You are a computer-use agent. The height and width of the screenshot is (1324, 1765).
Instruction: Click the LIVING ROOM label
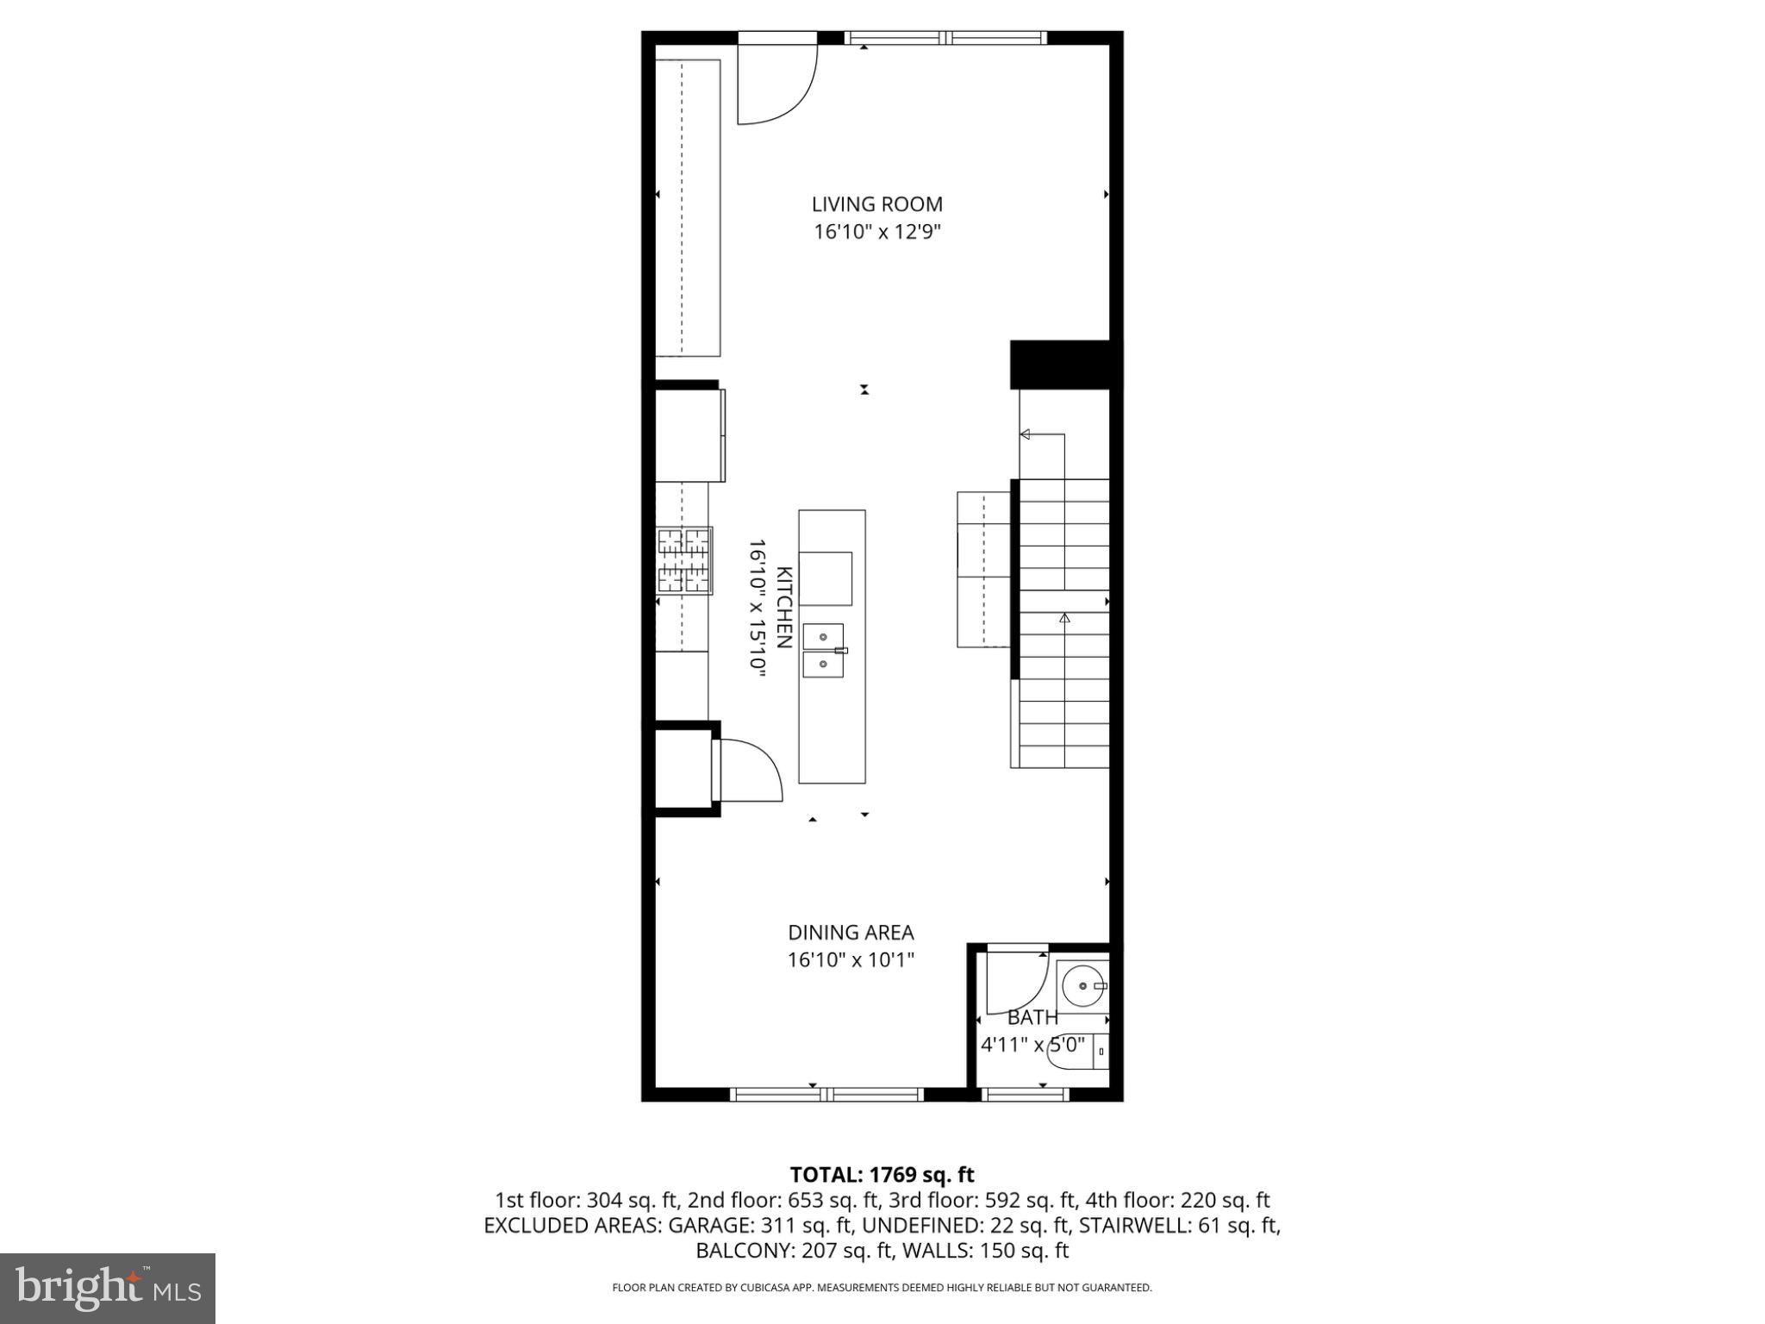(876, 204)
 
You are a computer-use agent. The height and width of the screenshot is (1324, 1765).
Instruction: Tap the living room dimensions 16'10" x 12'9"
(876, 232)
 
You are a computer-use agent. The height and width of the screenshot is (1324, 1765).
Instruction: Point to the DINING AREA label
(851, 932)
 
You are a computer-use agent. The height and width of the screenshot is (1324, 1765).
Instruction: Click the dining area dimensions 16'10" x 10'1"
(851, 959)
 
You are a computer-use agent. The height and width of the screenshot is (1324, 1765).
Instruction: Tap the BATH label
(1032, 1017)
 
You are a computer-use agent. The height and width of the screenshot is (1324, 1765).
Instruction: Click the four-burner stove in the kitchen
(684, 561)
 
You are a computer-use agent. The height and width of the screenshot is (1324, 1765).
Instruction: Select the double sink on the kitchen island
(824, 651)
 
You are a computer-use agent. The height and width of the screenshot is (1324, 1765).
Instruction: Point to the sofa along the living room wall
(688, 208)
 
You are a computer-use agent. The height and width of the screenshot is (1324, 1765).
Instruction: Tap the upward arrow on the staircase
(1064, 618)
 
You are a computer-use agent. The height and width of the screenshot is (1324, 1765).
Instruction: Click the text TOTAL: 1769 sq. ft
(882, 1175)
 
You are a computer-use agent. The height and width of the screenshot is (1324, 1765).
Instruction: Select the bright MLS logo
(108, 1288)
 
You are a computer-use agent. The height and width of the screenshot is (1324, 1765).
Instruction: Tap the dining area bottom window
(826, 1095)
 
